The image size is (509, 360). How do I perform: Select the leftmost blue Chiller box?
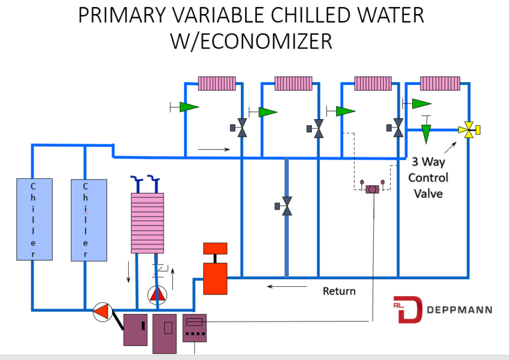[x=34, y=219]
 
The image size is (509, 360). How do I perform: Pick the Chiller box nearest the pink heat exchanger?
[x=89, y=219]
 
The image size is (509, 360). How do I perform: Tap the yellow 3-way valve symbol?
[x=469, y=129]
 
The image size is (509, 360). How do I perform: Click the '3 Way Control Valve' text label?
[x=429, y=177]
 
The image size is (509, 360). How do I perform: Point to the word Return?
[x=339, y=291]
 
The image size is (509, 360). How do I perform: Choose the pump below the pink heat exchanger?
[x=157, y=293]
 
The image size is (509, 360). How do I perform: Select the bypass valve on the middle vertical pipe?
[x=286, y=206]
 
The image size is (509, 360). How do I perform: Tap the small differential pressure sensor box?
[x=372, y=189]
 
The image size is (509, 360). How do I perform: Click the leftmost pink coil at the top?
[x=216, y=83]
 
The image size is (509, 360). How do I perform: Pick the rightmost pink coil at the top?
[x=441, y=83]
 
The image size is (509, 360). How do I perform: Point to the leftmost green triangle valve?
[x=188, y=107]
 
